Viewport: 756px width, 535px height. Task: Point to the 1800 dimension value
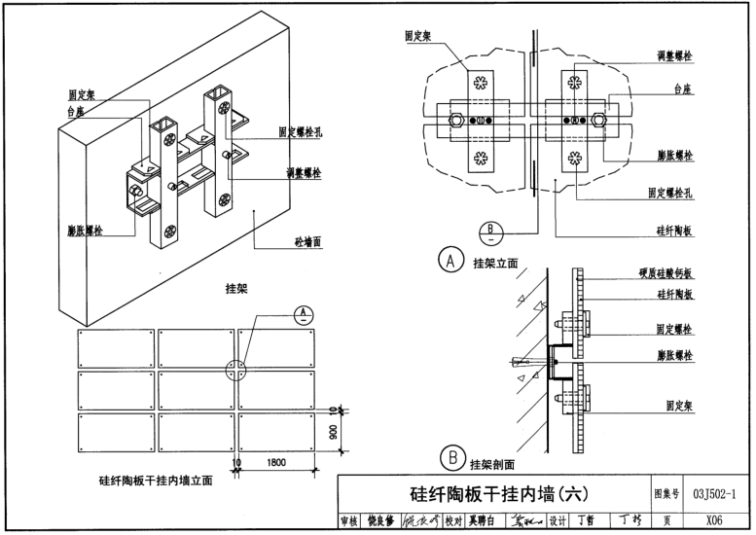pos(277,462)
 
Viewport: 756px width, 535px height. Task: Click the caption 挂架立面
pos(494,263)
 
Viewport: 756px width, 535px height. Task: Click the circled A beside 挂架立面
pos(450,260)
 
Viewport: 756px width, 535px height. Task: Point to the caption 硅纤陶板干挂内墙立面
pos(156,479)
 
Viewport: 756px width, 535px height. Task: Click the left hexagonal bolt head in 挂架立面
pos(455,123)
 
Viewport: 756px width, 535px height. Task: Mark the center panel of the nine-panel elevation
pos(196,389)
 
